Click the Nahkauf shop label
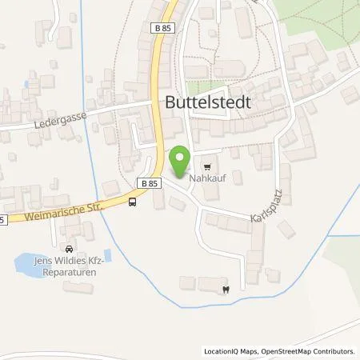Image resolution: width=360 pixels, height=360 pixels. pos(206,180)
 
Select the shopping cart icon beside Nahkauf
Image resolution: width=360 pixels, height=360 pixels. pos(207,168)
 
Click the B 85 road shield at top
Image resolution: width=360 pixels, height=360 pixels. pos(165,28)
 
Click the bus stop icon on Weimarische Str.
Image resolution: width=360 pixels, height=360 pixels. pos(131,202)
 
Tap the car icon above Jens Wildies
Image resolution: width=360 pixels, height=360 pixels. pos(70,249)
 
